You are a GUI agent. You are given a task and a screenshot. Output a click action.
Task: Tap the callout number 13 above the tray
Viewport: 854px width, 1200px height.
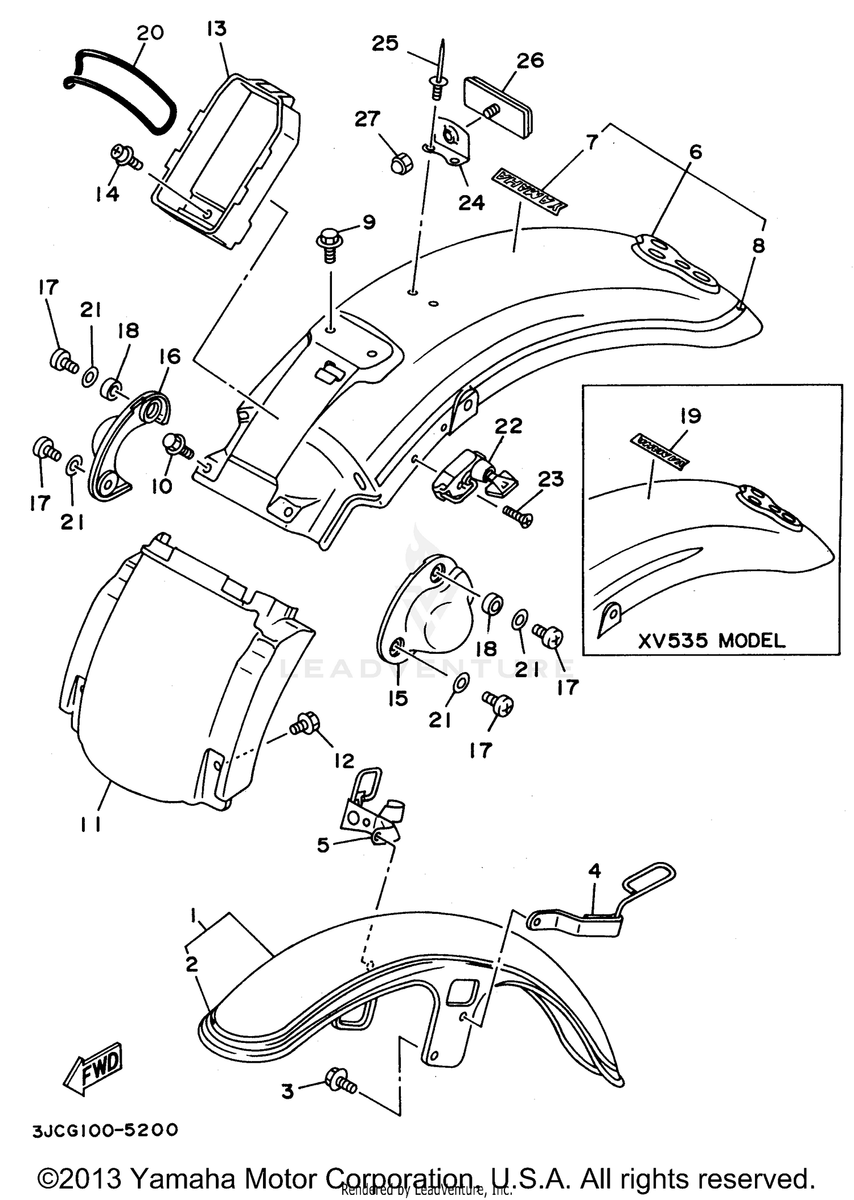pyautogui.click(x=217, y=28)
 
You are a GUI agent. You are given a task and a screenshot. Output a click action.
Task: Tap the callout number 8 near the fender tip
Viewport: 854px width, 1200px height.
pyautogui.click(x=758, y=246)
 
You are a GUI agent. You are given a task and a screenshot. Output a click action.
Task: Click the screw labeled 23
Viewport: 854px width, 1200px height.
pyautogui.click(x=518, y=514)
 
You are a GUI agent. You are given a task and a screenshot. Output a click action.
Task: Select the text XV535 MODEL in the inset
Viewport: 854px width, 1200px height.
pyautogui.click(x=711, y=641)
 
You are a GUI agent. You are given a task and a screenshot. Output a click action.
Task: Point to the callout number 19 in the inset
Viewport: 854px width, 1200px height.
pyautogui.click(x=690, y=416)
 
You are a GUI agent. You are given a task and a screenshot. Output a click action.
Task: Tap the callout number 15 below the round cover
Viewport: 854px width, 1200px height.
pyautogui.click(x=398, y=698)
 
